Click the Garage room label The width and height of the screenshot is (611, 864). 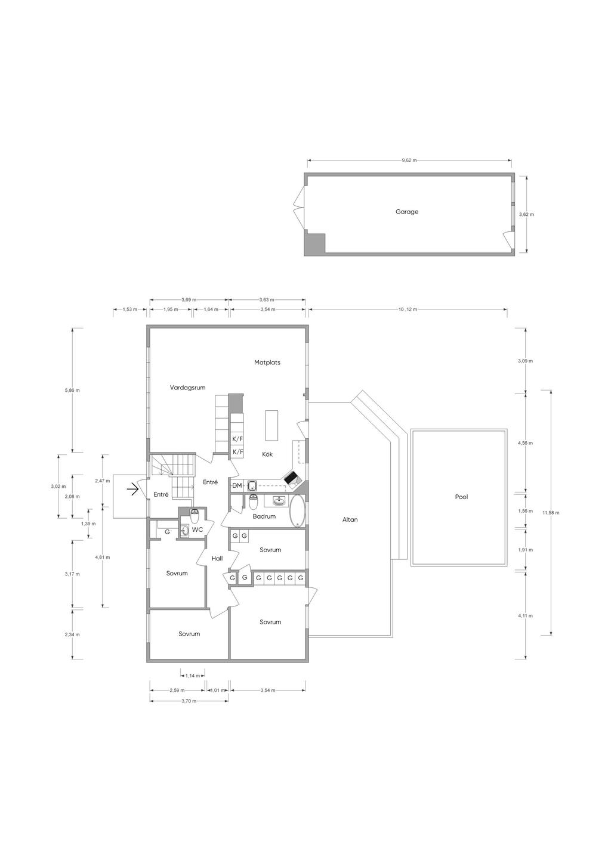coord(407,212)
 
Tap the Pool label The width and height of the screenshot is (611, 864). coord(461,497)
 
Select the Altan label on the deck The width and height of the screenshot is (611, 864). coord(350,519)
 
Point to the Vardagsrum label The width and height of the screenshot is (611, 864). coord(187,388)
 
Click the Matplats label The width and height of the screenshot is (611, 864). coord(267,363)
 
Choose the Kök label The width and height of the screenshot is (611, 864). coord(267,454)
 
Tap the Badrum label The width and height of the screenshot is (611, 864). coord(264,516)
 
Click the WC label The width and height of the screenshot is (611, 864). coord(198,529)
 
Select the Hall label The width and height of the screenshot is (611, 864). coord(217,558)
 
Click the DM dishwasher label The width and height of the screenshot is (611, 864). coord(237,485)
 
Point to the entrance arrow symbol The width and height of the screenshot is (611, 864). coord(133,490)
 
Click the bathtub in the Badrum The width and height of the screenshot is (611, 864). coord(297,510)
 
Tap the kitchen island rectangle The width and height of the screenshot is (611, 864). coord(271,426)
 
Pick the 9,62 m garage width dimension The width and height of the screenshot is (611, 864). coord(409,160)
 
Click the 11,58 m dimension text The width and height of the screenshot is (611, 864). coord(550,513)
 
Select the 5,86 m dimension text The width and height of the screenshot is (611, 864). coord(72,391)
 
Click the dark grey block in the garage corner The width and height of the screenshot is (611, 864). coord(315,244)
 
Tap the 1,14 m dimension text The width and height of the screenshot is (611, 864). coord(193,676)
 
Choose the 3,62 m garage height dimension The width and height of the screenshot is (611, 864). coord(526,215)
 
